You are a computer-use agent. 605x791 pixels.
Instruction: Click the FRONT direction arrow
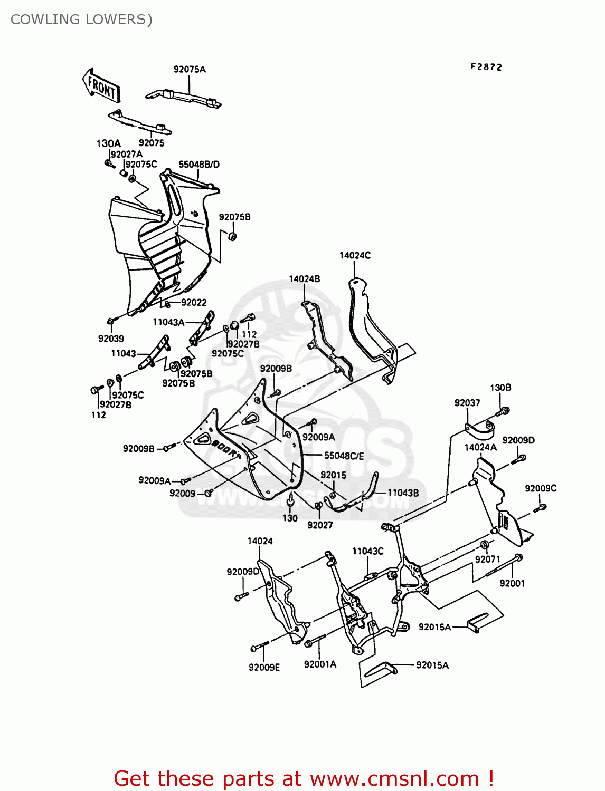(x=101, y=86)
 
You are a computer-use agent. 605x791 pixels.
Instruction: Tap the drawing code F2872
(x=486, y=67)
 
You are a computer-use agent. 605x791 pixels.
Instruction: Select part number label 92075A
(x=190, y=69)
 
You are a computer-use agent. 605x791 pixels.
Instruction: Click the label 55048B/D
(x=198, y=164)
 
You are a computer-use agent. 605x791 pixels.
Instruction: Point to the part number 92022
(x=194, y=302)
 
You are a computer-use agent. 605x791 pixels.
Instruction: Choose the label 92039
(x=111, y=339)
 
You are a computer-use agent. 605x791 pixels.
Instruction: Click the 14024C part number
(x=355, y=255)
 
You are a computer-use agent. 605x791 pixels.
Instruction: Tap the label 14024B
(x=304, y=278)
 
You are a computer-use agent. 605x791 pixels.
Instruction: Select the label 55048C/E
(x=344, y=456)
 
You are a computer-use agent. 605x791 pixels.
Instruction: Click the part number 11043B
(x=403, y=493)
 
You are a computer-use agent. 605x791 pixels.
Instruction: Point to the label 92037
(x=467, y=403)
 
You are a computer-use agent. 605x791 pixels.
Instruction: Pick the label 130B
(x=500, y=388)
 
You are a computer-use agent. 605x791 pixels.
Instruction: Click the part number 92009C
(x=541, y=488)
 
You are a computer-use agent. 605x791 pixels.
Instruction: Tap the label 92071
(x=487, y=559)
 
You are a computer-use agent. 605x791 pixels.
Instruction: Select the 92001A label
(x=320, y=664)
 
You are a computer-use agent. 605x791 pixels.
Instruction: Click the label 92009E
(x=264, y=667)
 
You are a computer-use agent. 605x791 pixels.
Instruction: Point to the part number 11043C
(x=367, y=551)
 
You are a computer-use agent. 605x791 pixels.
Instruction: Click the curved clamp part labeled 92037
(x=480, y=429)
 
